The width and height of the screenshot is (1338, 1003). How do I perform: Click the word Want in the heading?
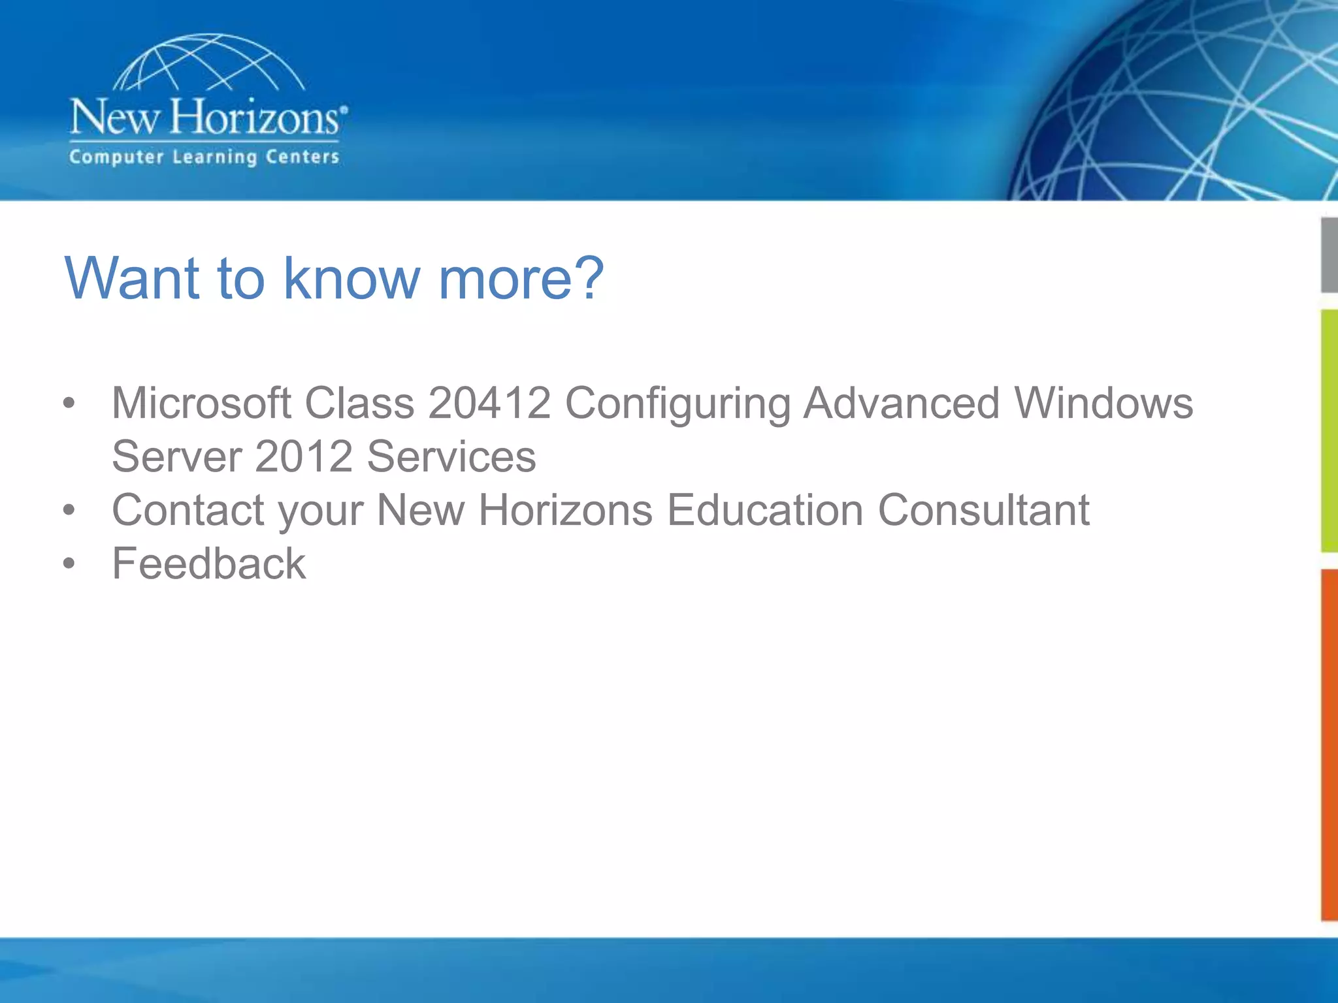[x=131, y=279]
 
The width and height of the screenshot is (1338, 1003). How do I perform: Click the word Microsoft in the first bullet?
[x=201, y=403]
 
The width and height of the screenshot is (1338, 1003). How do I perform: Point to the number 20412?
[x=489, y=403]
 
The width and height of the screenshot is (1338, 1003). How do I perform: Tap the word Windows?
[x=1103, y=403]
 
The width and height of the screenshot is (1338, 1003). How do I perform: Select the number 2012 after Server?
[x=304, y=456]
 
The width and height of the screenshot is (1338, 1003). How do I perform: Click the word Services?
[x=451, y=456]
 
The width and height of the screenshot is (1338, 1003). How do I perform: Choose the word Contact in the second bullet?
[x=188, y=510]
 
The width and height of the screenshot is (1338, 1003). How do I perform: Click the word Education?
[x=765, y=510]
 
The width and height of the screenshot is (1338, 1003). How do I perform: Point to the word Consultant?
[x=983, y=510]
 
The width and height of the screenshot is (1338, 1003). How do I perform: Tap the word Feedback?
[x=208, y=564]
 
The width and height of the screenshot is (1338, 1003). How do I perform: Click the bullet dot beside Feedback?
[x=69, y=564]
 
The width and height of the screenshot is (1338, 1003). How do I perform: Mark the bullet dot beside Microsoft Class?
[x=69, y=403]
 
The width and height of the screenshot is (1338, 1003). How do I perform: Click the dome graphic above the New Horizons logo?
[x=208, y=63]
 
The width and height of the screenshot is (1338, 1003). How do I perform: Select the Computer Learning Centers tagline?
[x=204, y=157]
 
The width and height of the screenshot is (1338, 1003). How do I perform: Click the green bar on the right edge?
[x=1329, y=431]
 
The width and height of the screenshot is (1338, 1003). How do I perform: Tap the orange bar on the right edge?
[x=1329, y=744]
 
